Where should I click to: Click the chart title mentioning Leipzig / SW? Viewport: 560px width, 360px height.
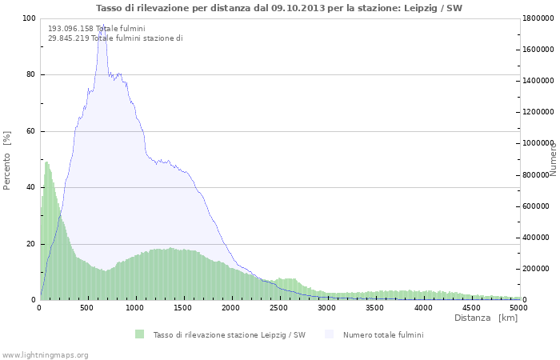point(279,8)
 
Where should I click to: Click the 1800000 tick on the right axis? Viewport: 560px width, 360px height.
point(539,18)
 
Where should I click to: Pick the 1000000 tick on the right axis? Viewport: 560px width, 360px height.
point(539,143)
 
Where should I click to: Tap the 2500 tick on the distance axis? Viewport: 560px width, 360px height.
point(279,307)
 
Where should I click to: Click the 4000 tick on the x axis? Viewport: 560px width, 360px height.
point(423,307)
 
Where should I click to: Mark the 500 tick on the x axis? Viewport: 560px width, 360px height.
point(87,307)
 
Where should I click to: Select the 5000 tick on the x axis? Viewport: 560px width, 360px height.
point(518,307)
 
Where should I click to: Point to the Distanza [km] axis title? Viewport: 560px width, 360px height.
point(486,318)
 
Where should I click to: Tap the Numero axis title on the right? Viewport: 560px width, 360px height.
point(553,158)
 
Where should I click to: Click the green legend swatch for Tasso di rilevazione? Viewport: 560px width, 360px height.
point(140,334)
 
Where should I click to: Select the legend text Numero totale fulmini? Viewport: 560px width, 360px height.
point(383,334)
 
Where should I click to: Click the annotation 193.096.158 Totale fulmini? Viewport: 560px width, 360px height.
point(96,29)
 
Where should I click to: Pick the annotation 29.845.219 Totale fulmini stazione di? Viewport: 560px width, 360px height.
point(115,38)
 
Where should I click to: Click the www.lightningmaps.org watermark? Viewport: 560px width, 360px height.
point(45,354)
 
